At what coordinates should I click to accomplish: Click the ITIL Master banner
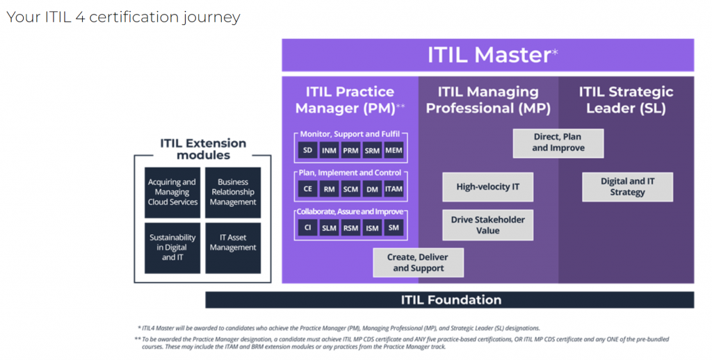click(487, 55)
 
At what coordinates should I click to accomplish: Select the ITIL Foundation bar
click(450, 300)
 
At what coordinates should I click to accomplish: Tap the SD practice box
click(307, 150)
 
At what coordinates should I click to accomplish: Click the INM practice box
click(329, 150)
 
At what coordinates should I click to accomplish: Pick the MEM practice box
click(394, 150)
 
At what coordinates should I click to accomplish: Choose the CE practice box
click(307, 188)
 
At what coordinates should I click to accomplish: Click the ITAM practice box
click(394, 188)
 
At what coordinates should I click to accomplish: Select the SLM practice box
click(329, 227)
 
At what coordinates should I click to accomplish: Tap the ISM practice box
click(372, 227)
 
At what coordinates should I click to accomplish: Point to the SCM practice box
click(350, 188)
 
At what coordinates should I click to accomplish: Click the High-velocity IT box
click(487, 187)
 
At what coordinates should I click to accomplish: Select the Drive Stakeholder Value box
click(487, 225)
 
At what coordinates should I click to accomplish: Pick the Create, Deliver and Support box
click(418, 263)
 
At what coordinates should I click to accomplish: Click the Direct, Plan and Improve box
click(558, 143)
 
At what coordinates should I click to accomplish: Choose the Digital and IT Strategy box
click(627, 187)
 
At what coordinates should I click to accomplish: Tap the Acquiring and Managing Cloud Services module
click(172, 193)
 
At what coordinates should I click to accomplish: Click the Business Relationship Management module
click(233, 193)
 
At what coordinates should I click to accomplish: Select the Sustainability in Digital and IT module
click(172, 247)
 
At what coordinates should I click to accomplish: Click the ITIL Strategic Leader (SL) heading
click(626, 100)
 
